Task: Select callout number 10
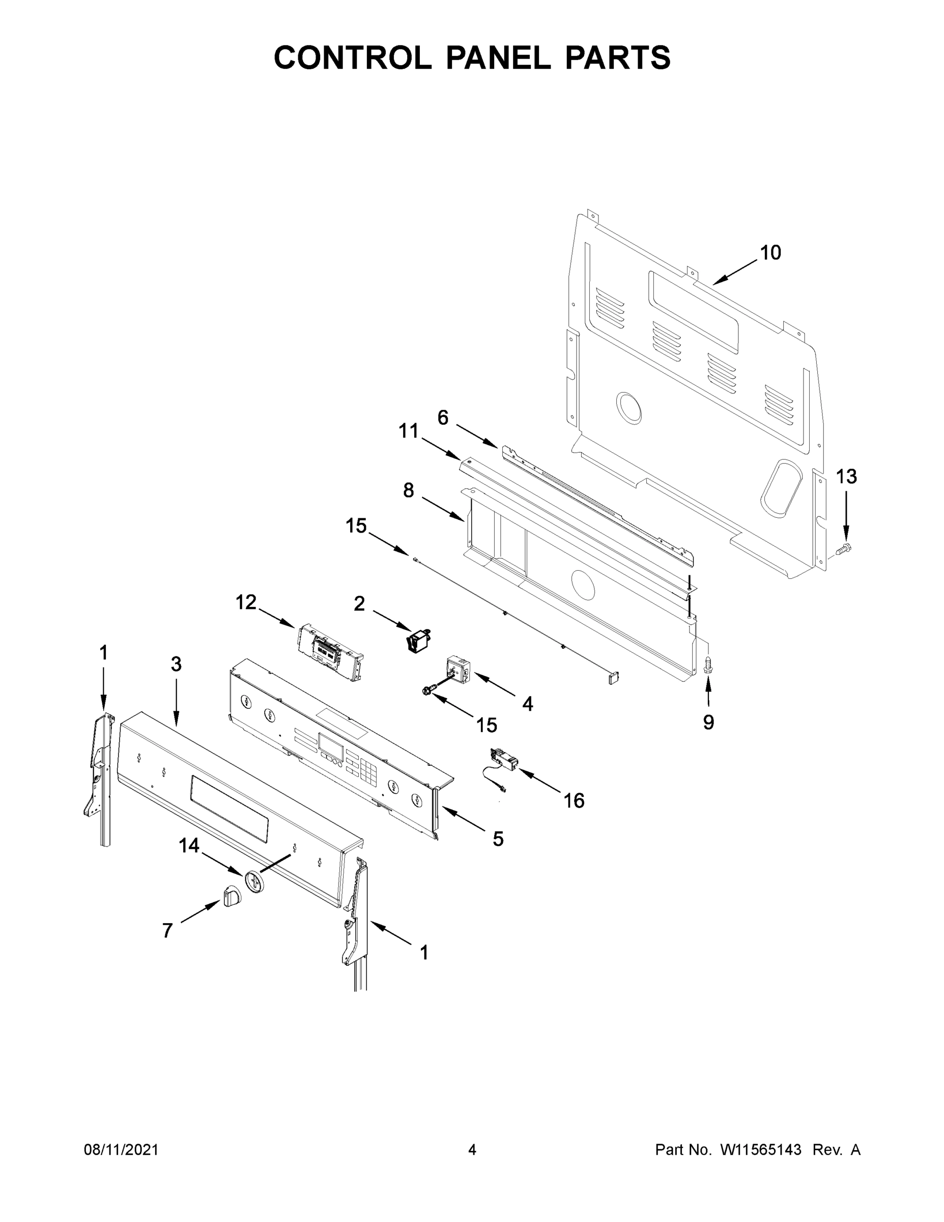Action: (770, 253)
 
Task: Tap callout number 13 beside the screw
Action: (846, 477)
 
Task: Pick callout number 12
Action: (245, 603)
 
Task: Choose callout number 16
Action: (574, 801)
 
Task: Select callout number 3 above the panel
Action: (176, 664)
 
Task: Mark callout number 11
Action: (408, 431)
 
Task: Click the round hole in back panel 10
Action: (628, 407)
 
